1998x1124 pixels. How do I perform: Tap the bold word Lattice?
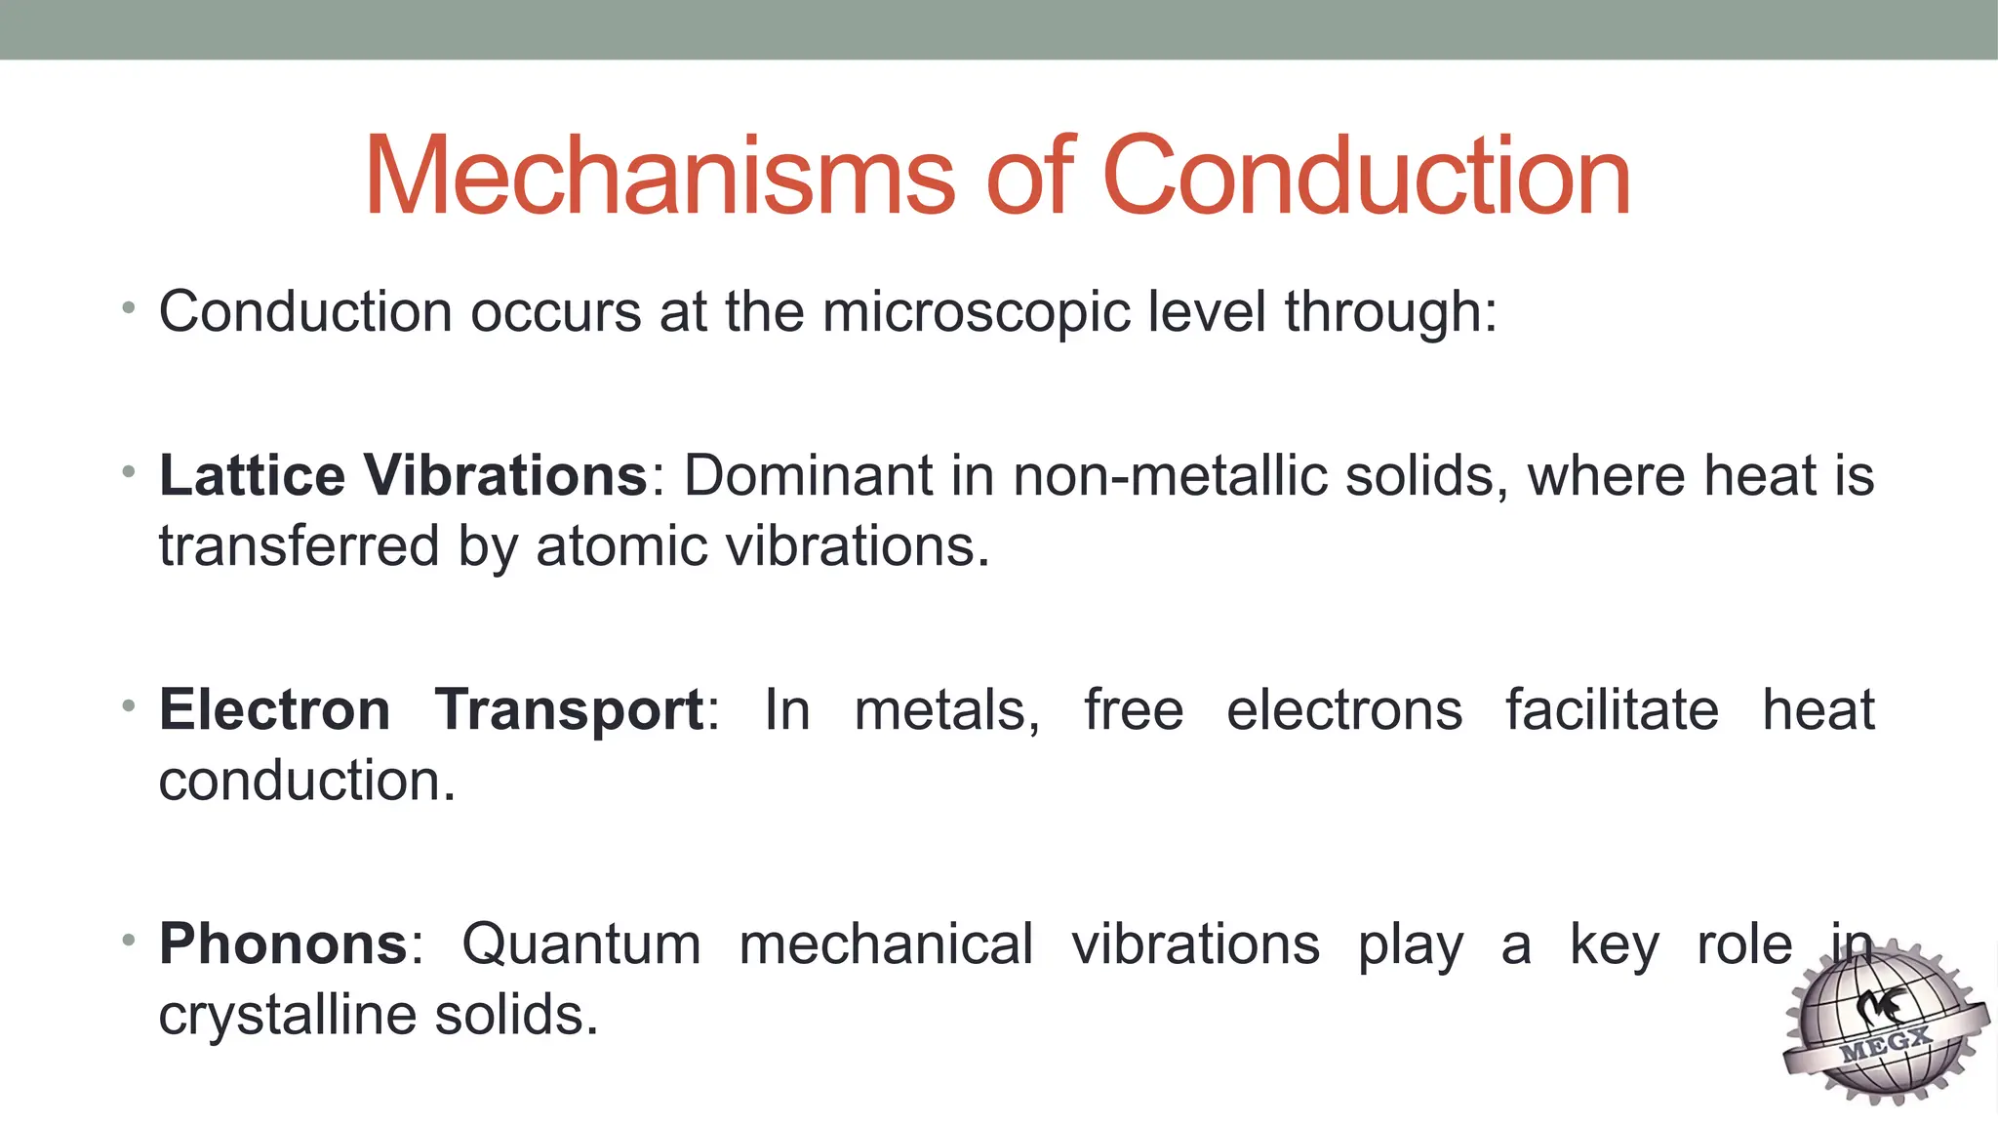(x=252, y=476)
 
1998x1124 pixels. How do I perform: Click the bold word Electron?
(x=274, y=710)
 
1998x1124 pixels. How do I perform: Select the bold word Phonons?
(x=283, y=944)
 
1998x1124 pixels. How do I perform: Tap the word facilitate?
(x=1612, y=710)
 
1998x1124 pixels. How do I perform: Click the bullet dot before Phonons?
(x=128, y=940)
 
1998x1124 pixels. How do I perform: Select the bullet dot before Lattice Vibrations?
(x=128, y=472)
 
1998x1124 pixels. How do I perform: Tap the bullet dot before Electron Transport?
(x=128, y=705)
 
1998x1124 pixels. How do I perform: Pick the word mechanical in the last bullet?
(x=886, y=944)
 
